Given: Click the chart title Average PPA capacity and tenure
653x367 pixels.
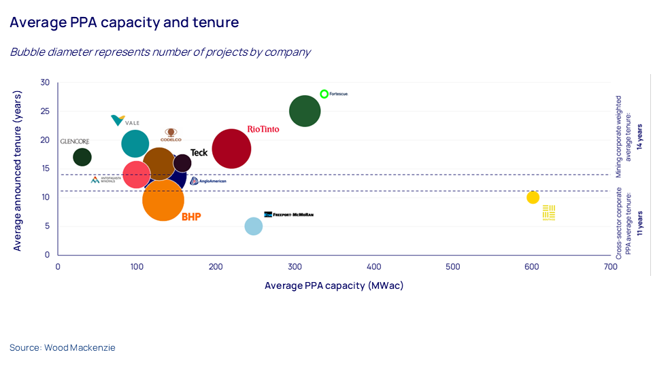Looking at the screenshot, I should coord(124,22).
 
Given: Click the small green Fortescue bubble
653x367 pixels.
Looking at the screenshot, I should coord(324,94).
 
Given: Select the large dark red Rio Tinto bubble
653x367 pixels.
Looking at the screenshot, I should coord(231,149).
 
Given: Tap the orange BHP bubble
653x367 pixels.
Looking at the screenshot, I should coord(163,200).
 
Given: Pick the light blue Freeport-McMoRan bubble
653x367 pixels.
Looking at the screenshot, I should coord(254,226).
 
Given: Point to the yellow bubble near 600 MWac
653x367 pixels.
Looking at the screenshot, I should coord(533,198).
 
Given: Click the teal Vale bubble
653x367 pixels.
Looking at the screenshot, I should coord(135,143).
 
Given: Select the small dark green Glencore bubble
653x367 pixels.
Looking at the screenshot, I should coord(82,157).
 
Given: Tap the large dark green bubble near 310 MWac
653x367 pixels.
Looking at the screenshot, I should coord(305,111).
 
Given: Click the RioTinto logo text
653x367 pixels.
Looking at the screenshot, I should coord(263,128).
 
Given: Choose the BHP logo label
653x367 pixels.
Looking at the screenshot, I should coord(191,217).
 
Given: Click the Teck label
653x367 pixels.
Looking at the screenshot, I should coord(199,153).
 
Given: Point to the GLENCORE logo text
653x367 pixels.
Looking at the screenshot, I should coord(75,141).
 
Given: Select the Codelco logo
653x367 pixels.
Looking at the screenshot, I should coord(171,135).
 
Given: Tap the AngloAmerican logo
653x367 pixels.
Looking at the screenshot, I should coord(208,181).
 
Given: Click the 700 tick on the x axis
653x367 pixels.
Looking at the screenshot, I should coord(611,267).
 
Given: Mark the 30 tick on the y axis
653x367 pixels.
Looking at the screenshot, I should coord(45,82).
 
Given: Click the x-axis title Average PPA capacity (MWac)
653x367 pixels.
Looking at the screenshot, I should coord(334,285).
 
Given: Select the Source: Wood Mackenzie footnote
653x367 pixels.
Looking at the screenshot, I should coord(63,347).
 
